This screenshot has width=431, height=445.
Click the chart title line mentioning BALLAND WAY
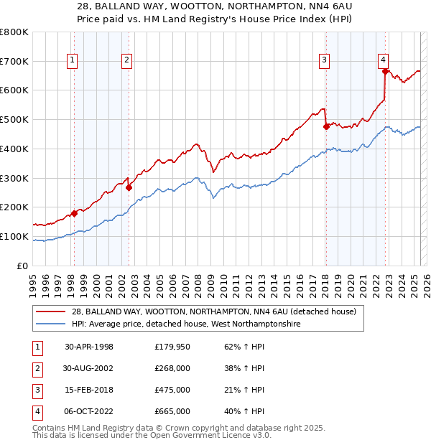click(215, 6)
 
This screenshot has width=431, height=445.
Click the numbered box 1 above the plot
click(73, 61)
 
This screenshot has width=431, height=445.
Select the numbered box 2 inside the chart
click(126, 61)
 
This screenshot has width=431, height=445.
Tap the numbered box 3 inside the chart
click(325, 61)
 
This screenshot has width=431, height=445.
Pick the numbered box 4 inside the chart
click(384, 61)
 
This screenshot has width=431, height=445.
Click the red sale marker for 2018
click(326, 126)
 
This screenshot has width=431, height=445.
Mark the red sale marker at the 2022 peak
click(386, 71)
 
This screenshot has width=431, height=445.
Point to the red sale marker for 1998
click(74, 213)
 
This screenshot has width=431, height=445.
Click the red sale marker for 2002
click(129, 187)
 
